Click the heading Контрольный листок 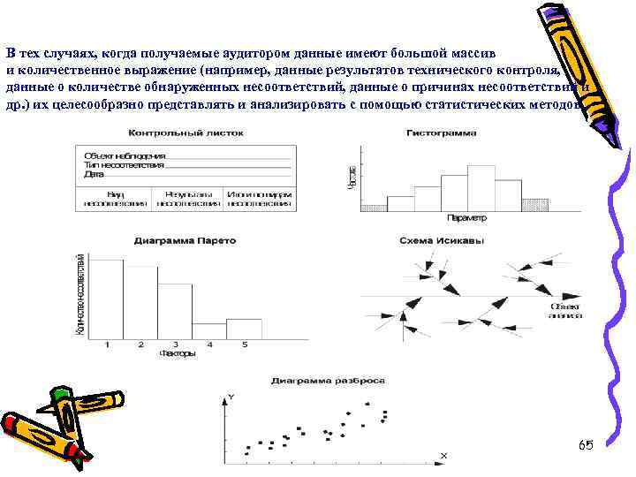coord(185,133)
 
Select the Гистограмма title coord(441,133)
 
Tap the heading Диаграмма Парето coord(172,239)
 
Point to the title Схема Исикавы coord(441,239)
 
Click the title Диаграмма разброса coord(328,381)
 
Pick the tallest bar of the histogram coord(481,186)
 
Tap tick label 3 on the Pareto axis coord(176,344)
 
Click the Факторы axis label coord(177,353)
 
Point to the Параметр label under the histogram coord(466,217)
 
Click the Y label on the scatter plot coord(231,397)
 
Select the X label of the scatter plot coord(443,456)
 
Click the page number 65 coord(586,444)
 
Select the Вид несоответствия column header coord(116,197)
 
